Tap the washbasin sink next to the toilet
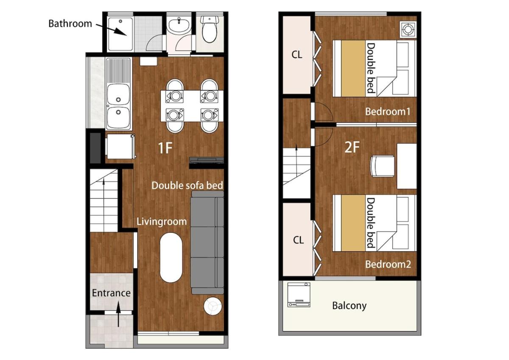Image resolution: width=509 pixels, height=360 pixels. [179, 26]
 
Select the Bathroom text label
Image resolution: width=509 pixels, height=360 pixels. [70, 24]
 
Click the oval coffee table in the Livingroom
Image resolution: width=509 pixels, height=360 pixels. [171, 257]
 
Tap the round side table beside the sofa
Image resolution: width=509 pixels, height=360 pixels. [213, 306]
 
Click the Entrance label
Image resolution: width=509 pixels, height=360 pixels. [111, 293]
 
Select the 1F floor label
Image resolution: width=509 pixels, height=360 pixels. [165, 148]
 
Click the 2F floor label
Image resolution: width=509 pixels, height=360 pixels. [352, 147]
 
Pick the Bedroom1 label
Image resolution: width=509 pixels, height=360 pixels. [388, 111]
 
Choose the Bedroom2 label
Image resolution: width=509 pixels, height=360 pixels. [388, 264]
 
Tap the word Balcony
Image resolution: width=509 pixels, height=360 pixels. [349, 306]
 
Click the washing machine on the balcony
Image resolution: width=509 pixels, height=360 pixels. [299, 295]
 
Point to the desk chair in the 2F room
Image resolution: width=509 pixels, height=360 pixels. [382, 166]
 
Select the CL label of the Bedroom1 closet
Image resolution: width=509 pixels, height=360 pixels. [297, 55]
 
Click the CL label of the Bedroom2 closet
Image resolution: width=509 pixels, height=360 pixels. [298, 240]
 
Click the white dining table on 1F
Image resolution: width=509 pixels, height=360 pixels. [192, 106]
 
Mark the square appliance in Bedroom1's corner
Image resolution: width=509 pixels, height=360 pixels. [408, 29]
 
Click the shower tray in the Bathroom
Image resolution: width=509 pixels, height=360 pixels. [120, 34]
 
